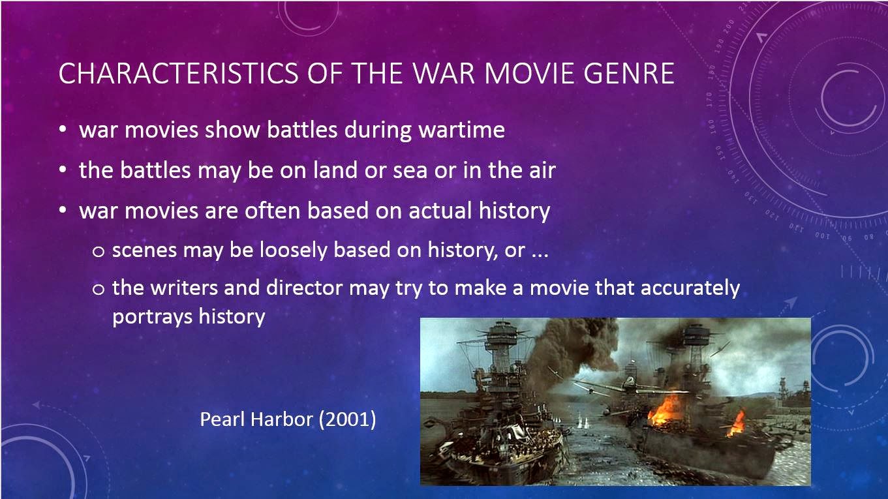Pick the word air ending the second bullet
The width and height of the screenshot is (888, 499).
click(x=540, y=171)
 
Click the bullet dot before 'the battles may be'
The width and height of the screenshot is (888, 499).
click(x=63, y=171)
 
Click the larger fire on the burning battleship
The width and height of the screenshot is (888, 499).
click(x=666, y=410)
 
